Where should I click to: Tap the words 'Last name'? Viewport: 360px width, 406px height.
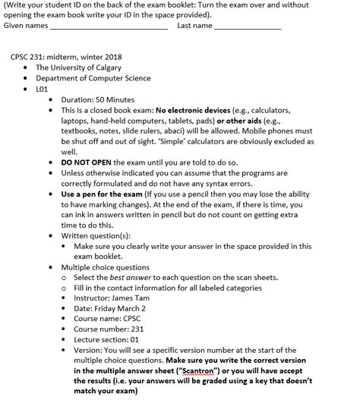pyautogui.click(x=194, y=25)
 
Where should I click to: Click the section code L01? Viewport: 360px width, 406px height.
pyautogui.click(x=42, y=89)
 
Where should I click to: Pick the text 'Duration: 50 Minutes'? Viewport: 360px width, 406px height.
pyautogui.click(x=97, y=99)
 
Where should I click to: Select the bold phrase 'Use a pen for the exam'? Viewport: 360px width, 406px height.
pyautogui.click(x=103, y=194)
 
